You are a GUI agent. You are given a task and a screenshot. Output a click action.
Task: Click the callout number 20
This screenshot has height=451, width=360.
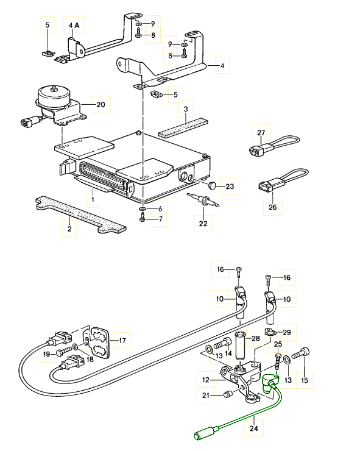[101, 104]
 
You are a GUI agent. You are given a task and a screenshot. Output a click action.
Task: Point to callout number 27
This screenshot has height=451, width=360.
[261, 133]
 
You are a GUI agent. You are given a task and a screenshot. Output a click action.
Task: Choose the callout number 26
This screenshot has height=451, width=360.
[272, 207]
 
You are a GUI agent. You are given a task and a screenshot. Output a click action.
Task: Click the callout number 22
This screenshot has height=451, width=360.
[202, 224]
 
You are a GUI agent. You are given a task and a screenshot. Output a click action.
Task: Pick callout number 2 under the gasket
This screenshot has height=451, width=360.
[69, 229]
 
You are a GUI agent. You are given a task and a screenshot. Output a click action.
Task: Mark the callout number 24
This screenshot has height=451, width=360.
[253, 428]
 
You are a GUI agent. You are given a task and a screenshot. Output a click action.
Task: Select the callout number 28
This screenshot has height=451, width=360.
[255, 338]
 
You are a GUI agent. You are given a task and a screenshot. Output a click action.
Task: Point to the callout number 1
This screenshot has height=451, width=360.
[93, 199]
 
